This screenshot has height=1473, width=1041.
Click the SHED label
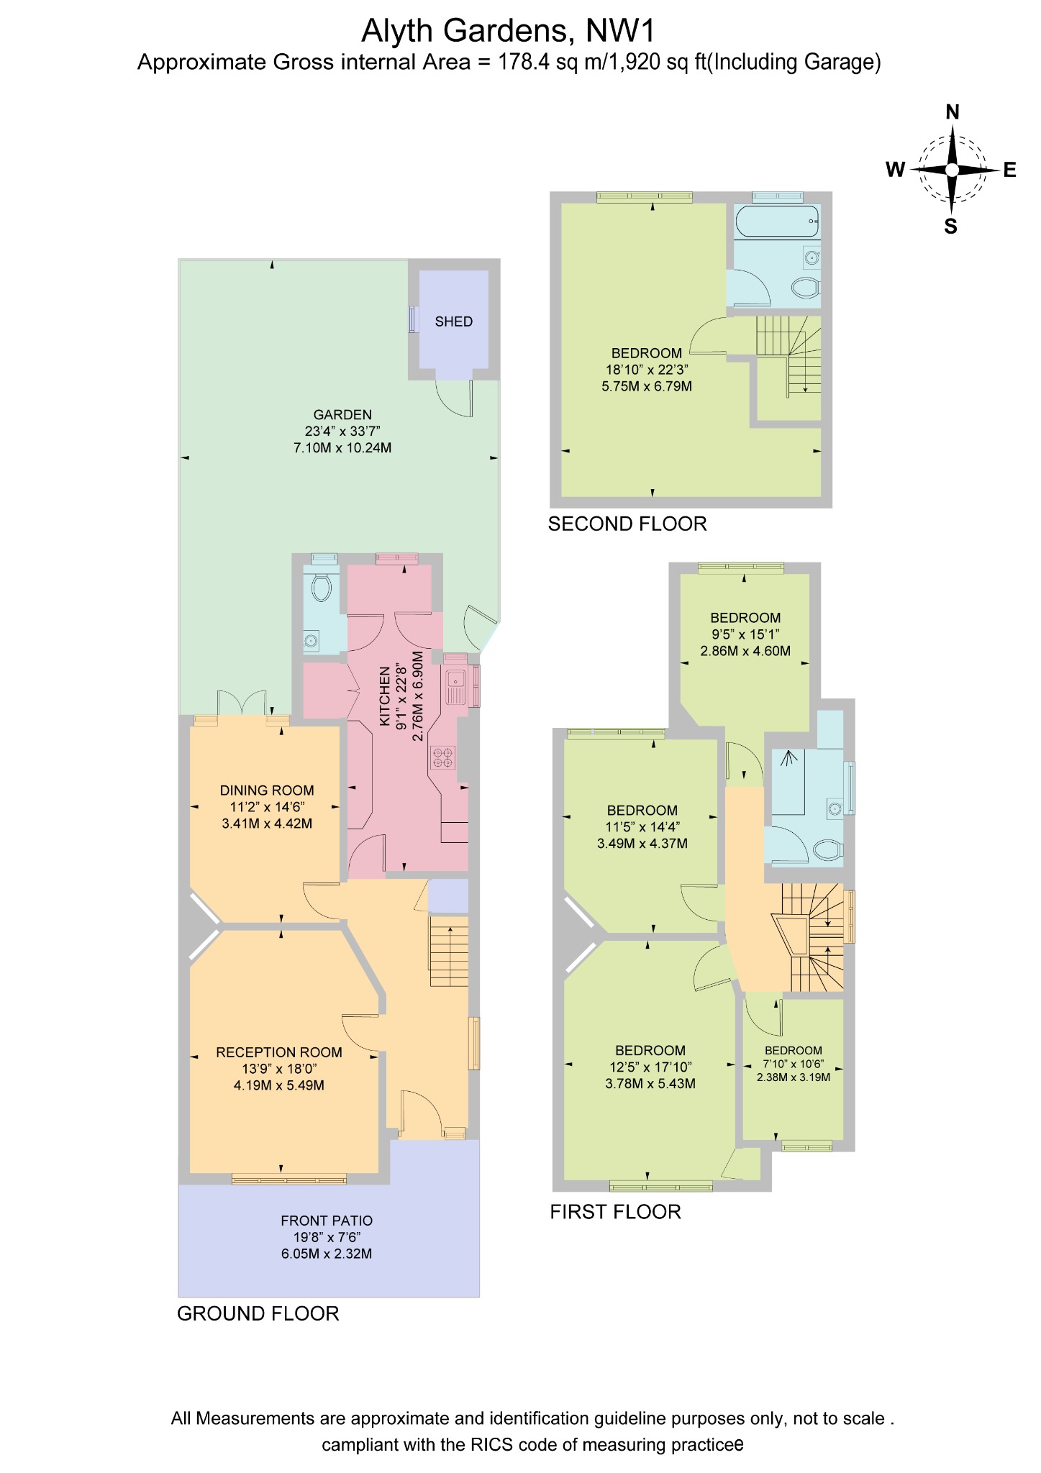[x=453, y=321]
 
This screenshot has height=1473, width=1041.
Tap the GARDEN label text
[x=342, y=414]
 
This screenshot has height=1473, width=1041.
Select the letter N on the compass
[x=952, y=112]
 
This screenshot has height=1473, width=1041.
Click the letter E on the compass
[x=1010, y=170]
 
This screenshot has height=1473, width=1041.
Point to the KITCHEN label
[x=385, y=696]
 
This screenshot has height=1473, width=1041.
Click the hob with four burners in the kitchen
[x=442, y=757]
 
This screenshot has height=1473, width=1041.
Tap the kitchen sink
[x=456, y=686]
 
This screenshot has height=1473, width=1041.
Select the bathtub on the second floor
[x=777, y=220]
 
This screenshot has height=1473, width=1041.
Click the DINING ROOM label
[x=267, y=790]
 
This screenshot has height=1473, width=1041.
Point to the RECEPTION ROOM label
[x=279, y=1052]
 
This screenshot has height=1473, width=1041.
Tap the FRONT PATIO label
[x=327, y=1221]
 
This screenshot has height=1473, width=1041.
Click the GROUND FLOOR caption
[x=258, y=1313]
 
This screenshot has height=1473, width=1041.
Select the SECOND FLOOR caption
[x=627, y=524]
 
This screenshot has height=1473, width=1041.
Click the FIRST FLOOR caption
[x=615, y=1212]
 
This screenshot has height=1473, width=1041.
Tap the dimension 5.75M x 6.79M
[x=647, y=386]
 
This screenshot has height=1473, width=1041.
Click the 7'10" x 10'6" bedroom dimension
[x=794, y=1064]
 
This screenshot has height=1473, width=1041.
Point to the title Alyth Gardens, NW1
[x=509, y=31]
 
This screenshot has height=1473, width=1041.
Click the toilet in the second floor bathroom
[x=806, y=288]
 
